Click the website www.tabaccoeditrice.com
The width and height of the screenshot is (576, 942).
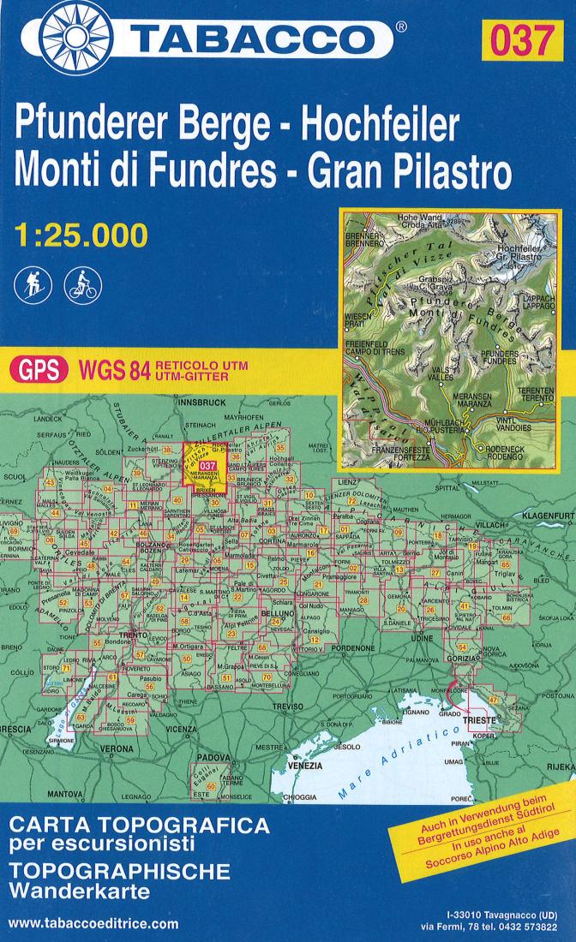tap(93, 924)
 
